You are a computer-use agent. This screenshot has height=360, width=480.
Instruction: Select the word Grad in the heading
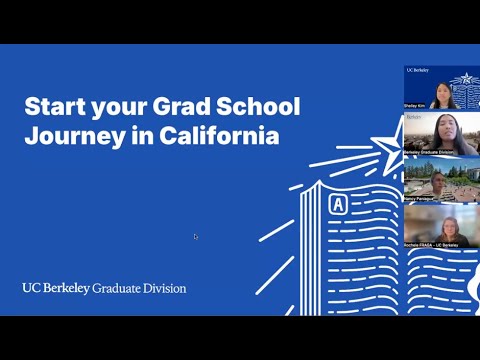pyautogui.click(x=175, y=107)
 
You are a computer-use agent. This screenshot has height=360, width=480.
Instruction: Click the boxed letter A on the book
pyautogui.click(x=337, y=205)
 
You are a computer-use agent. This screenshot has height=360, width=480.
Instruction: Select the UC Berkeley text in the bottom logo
pyautogui.click(x=55, y=288)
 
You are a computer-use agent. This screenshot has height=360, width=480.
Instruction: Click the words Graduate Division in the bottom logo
pyautogui.click(x=139, y=288)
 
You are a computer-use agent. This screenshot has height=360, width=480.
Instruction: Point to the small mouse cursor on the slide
pyautogui.click(x=196, y=237)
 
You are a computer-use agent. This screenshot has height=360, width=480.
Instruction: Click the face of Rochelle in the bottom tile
pyautogui.click(x=441, y=225)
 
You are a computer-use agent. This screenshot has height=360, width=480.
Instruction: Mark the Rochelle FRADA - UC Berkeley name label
pyautogui.click(x=431, y=244)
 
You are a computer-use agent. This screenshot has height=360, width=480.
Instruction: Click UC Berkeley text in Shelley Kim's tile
pyautogui.click(x=417, y=70)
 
